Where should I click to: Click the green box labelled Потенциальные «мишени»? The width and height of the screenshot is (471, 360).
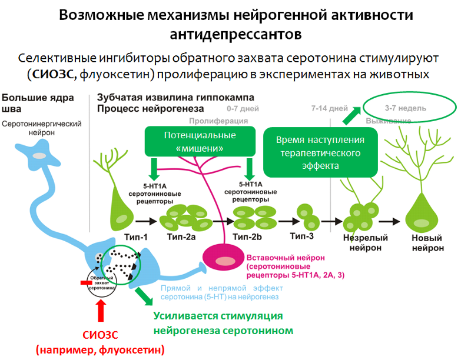200,141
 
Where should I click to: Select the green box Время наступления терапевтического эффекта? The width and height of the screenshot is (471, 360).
320,152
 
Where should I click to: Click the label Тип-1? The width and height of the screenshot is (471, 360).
136,237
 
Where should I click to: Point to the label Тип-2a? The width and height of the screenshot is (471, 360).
181,237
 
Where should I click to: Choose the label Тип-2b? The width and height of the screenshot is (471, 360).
247,237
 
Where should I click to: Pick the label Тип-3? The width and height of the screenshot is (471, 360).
302,236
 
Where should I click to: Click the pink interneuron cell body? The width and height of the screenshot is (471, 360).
224,257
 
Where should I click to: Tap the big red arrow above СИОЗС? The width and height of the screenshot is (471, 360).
101,311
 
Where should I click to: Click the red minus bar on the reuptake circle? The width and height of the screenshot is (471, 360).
86,282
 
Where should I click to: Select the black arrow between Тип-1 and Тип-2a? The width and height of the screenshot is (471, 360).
146,221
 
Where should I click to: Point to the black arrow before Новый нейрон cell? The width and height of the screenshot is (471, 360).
389,221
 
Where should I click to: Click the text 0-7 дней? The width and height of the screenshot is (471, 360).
243,109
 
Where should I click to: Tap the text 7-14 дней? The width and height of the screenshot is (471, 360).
330,108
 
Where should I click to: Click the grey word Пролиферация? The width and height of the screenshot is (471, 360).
218,121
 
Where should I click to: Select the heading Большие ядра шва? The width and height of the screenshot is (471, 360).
38,103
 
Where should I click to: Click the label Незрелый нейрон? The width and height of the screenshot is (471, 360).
365,243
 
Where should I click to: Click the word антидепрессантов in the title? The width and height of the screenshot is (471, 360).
236,34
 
